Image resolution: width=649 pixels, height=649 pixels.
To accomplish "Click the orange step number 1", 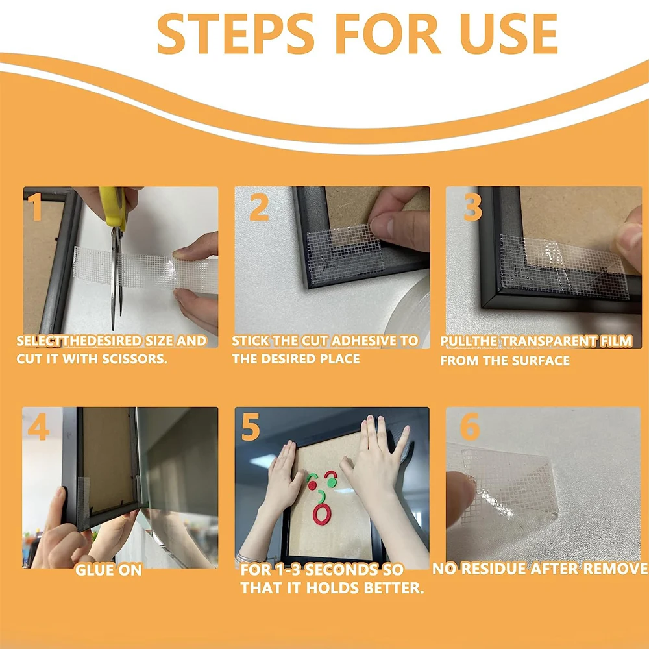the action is coord(35,206).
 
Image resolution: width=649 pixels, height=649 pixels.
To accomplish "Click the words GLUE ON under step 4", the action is coord(108,570).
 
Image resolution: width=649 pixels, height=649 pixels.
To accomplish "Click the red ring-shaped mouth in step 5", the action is coord(322,514).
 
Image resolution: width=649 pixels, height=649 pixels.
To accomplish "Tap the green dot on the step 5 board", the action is coord(331,483).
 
